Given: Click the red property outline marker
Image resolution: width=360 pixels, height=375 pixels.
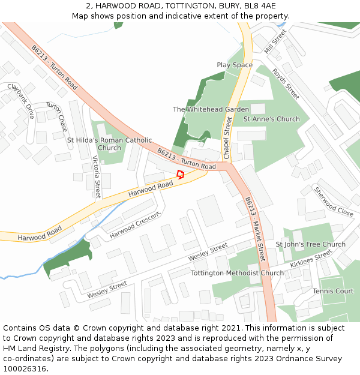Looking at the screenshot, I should [180, 174].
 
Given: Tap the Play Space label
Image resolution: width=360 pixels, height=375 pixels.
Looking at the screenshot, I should [235, 65].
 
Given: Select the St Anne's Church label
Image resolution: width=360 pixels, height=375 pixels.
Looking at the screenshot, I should [271, 119].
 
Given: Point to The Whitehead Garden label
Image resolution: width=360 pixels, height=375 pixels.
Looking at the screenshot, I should [211, 109].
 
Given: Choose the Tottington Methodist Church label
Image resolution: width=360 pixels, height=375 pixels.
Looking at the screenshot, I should [237, 273].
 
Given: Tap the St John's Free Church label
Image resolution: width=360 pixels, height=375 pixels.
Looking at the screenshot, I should [310, 244].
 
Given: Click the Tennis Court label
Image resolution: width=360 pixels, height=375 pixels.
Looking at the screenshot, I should [333, 291].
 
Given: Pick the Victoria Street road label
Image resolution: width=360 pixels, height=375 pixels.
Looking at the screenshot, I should [97, 177].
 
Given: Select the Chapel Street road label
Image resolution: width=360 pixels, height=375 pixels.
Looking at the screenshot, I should [227, 138].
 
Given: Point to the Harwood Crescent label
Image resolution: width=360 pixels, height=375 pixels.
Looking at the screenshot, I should [135, 224].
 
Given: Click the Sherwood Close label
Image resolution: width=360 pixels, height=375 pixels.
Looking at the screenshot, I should [334, 202].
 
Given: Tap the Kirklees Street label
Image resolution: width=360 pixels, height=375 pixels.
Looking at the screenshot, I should [311, 259].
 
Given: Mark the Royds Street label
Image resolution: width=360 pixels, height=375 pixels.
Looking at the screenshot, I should [286, 83].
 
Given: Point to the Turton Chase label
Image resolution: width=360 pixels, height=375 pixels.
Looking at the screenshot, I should [57, 116].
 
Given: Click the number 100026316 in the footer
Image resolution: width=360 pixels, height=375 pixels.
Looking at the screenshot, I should [25, 369].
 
